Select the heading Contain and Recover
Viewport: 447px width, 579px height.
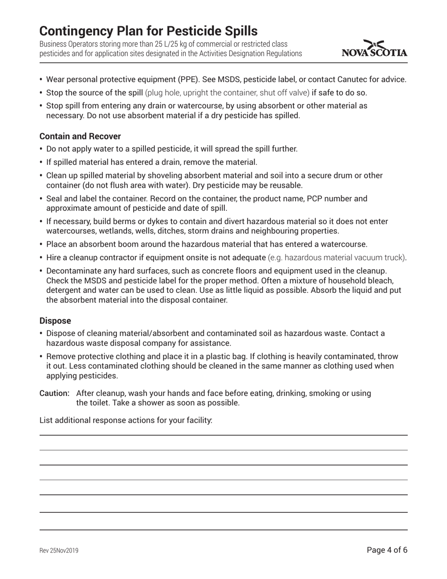tap(80, 137)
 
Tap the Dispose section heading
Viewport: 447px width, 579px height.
tap(55, 321)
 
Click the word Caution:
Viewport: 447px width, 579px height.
tap(55, 393)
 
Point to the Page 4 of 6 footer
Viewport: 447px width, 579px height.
tap(387, 550)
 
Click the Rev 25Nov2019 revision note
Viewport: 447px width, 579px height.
tap(59, 551)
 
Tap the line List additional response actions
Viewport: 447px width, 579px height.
tap(126, 420)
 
